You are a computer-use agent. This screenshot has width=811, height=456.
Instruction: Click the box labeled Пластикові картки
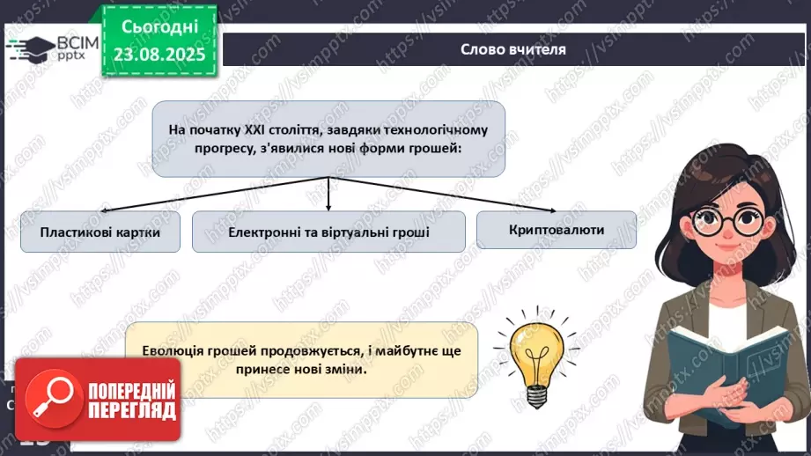(100, 232)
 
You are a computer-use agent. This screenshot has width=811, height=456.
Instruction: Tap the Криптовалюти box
(556, 229)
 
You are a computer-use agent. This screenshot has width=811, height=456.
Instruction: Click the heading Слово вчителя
(512, 49)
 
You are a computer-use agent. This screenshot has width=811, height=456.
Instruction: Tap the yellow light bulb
(534, 358)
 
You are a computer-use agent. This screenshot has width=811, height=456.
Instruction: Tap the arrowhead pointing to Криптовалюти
(554, 209)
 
